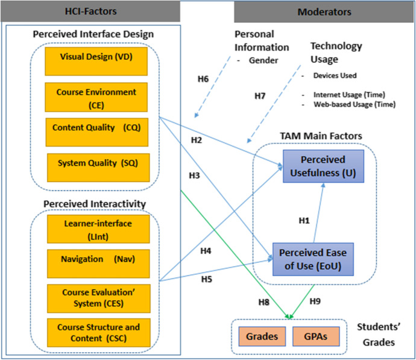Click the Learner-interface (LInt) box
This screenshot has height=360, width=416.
[x=96, y=230]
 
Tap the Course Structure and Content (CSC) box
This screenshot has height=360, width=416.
[x=96, y=332]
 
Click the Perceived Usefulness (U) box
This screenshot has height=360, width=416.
[x=322, y=165]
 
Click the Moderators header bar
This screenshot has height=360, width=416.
[x=324, y=11]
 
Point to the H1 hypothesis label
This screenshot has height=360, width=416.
[x=304, y=221]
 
